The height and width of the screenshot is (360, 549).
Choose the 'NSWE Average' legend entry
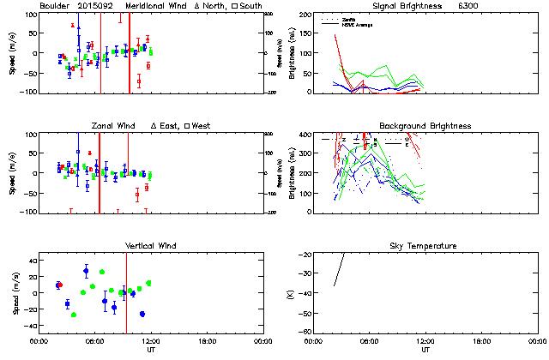point(357,24)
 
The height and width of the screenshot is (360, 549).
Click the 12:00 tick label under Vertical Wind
point(151,341)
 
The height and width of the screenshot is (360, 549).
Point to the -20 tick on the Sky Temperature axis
point(302,255)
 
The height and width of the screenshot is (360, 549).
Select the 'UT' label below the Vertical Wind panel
point(151,350)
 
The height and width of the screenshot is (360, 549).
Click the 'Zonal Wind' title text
point(115,126)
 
